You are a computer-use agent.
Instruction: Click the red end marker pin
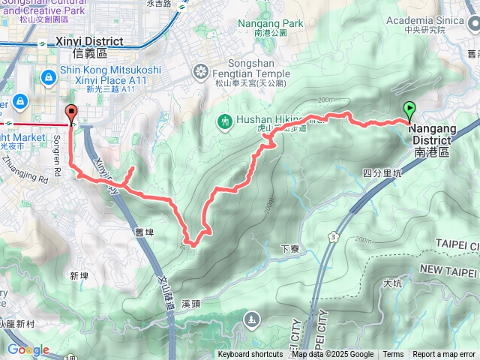73,113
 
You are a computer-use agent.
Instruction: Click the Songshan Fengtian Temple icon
201,72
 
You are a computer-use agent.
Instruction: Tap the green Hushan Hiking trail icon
224,120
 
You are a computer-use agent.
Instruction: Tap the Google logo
28,349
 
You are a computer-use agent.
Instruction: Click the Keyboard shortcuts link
250,355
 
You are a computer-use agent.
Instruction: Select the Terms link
393,355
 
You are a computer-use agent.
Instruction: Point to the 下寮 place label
289,249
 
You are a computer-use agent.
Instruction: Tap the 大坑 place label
392,283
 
